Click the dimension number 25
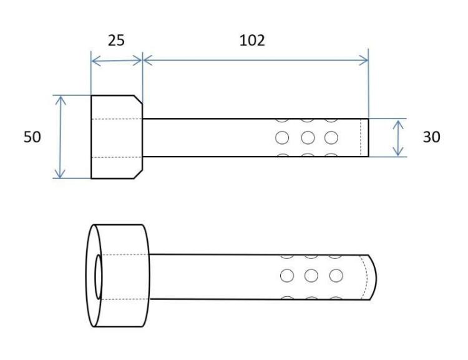(x=116, y=41)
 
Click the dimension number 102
(x=252, y=41)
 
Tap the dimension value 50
(x=32, y=137)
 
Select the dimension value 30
(x=432, y=137)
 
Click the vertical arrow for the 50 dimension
(x=61, y=137)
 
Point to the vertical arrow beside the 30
(x=398, y=138)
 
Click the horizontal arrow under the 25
(x=117, y=61)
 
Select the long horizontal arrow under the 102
(x=256, y=61)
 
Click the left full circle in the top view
(x=282, y=138)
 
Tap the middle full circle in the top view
(x=308, y=138)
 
